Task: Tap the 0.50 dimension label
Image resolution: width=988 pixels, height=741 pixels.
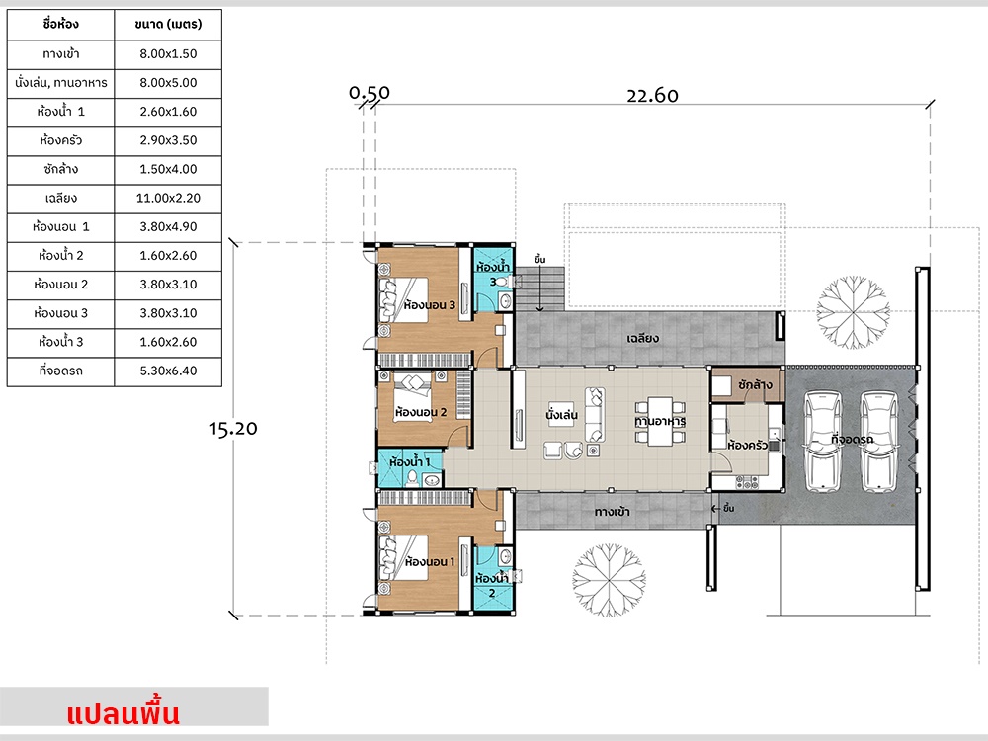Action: point(370,93)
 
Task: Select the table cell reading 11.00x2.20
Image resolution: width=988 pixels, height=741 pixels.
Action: point(168,198)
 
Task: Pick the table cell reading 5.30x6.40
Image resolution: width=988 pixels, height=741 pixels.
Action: point(168,371)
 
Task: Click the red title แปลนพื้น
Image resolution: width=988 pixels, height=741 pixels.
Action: point(123,713)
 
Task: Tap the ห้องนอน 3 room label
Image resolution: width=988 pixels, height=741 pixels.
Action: point(430,305)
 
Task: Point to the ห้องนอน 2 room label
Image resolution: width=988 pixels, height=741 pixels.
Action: point(421,411)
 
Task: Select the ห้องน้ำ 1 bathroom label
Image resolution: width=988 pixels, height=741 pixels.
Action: point(409,461)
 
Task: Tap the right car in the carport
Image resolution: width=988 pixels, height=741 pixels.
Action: point(877,440)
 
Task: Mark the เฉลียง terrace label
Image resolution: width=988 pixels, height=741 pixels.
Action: point(642,338)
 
